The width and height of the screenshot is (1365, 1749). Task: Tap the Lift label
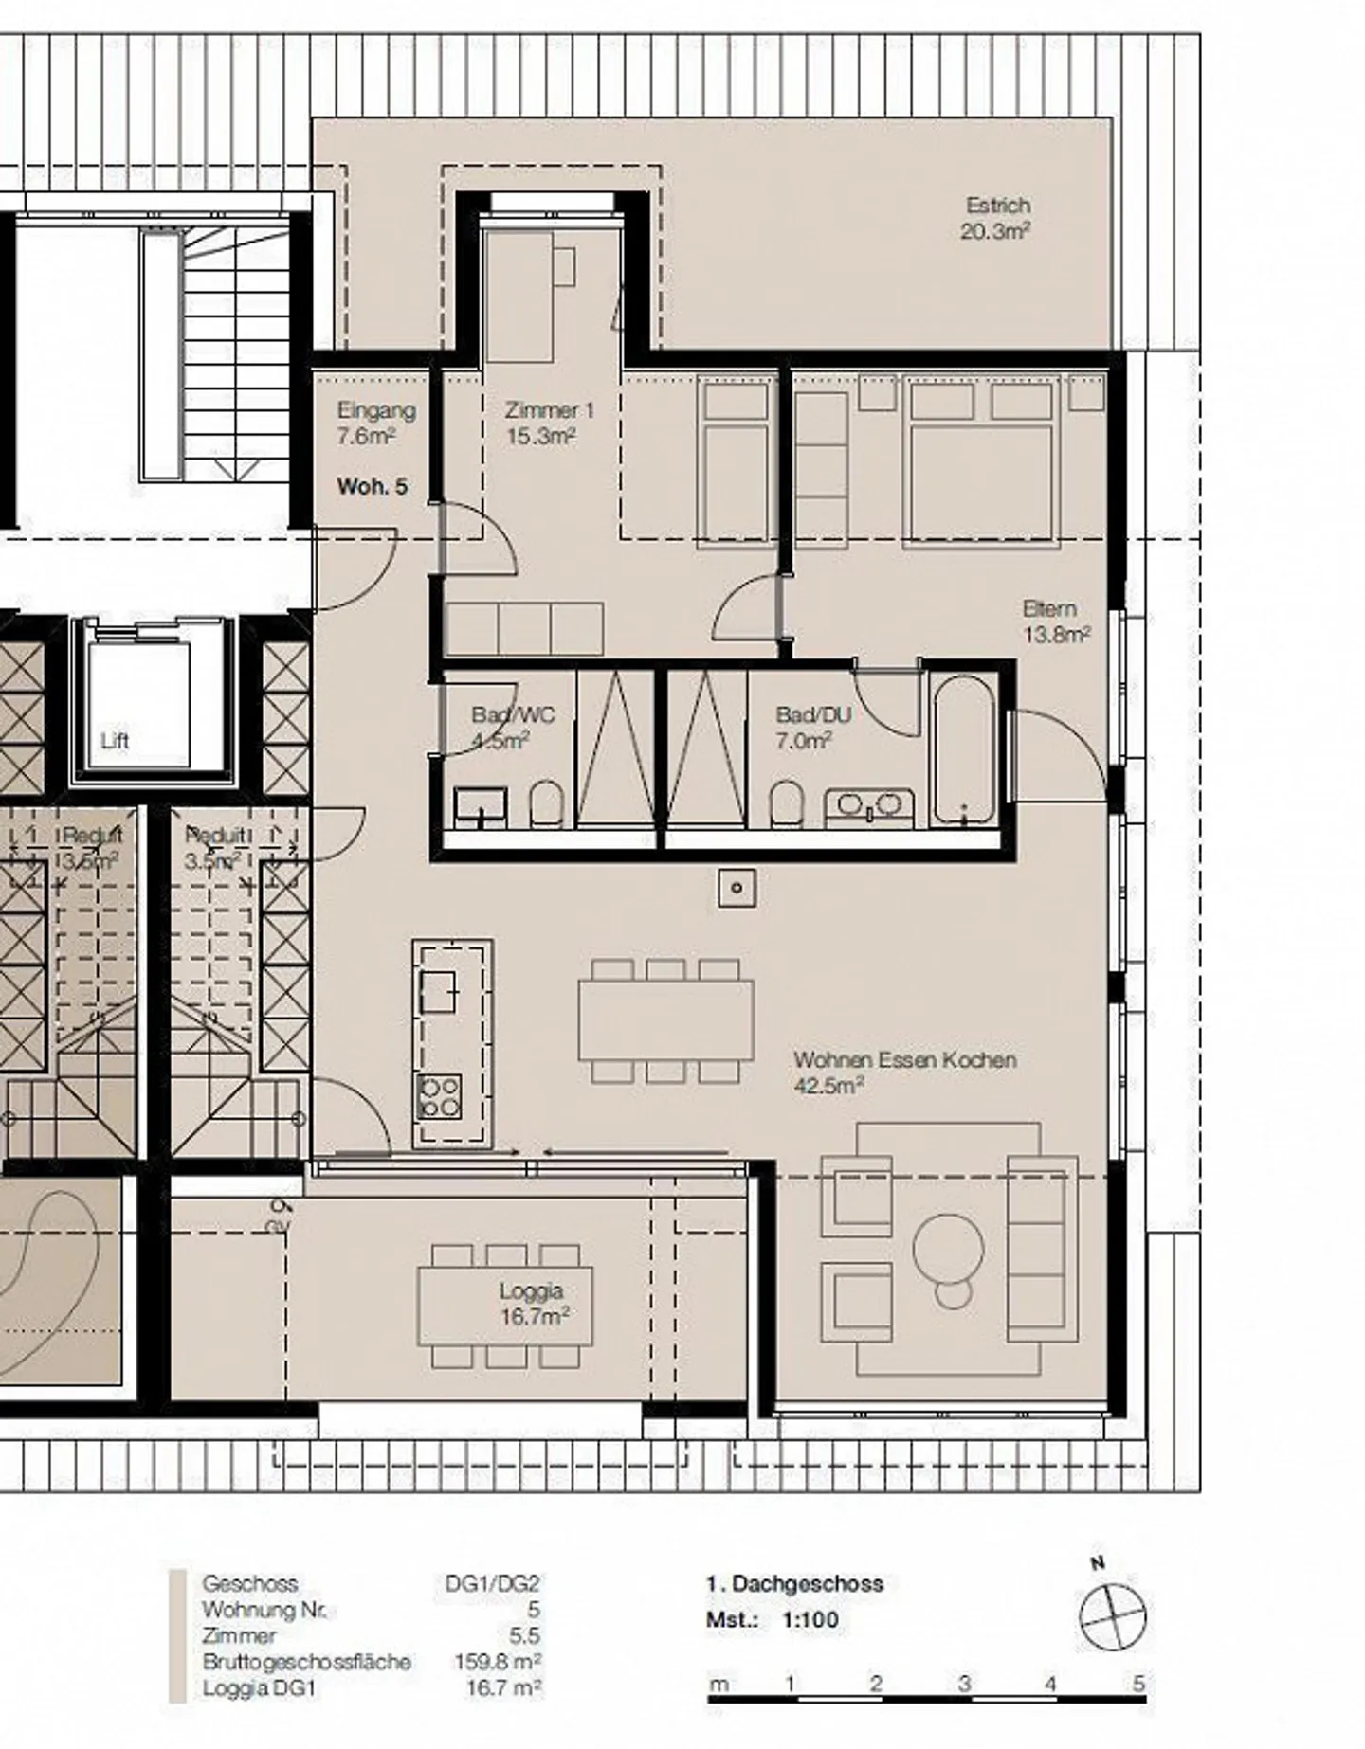coord(115,741)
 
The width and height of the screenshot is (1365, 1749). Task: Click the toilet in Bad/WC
coord(546,803)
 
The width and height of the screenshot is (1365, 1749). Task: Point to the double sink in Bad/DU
coord(869,806)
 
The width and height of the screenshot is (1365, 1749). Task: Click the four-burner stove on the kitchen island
coord(439,1097)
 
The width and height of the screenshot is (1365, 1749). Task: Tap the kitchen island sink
coord(438,992)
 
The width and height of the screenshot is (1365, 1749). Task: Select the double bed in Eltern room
coord(981,464)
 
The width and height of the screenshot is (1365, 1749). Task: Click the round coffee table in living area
coord(949,1249)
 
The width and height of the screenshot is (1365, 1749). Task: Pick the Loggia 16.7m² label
coord(534,1303)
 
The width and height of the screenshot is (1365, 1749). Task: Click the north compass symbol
coord(1112,1614)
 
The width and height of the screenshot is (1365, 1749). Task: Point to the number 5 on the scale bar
coord(1138,1683)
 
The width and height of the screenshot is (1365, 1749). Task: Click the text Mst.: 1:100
coord(772,1619)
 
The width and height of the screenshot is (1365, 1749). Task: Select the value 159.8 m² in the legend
coord(498,1661)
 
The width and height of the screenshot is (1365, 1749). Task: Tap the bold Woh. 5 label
coord(373,486)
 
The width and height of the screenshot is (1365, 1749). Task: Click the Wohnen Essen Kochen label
coord(904,1060)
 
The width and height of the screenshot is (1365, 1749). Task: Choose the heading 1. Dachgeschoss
coord(793,1583)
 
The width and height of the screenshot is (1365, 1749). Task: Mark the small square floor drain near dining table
coord(737,888)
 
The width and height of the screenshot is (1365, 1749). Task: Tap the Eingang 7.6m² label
coord(376,423)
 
